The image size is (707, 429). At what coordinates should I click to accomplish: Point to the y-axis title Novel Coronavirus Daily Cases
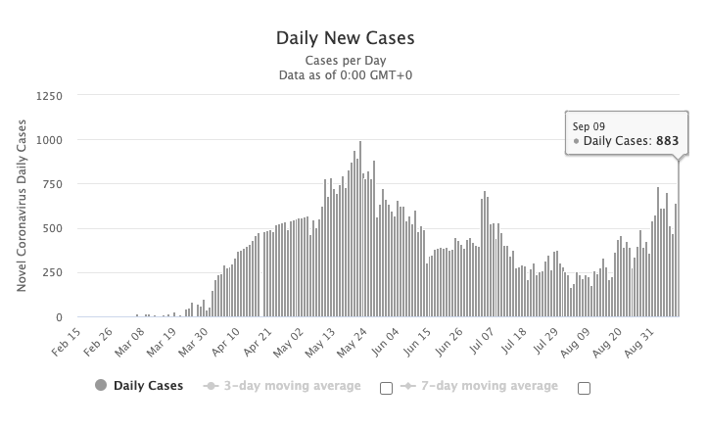pos(21,207)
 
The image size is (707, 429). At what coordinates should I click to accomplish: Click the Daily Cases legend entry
pos(139,386)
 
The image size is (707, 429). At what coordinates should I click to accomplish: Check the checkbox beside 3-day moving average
pos(386,388)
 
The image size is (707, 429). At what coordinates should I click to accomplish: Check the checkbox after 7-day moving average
pos(585,388)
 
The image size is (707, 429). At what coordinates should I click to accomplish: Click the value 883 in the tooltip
pos(667,142)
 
